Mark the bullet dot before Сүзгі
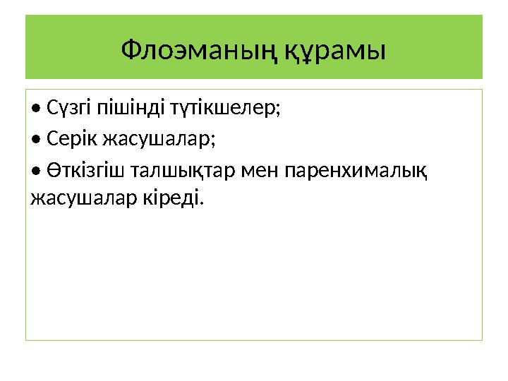(36, 110)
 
